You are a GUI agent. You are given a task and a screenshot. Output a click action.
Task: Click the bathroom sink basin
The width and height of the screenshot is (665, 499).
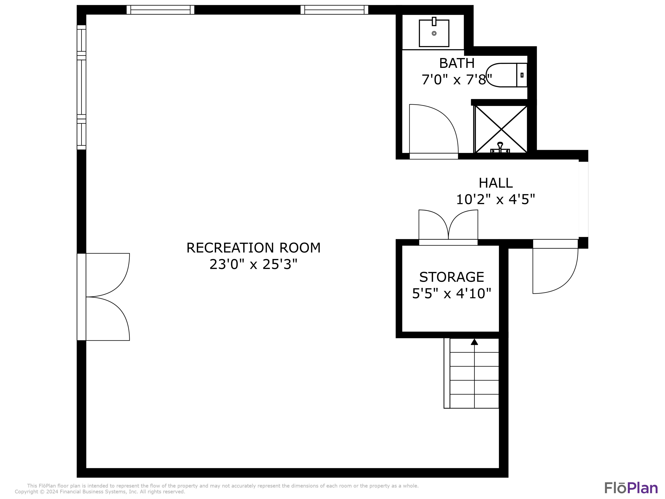point(434,33)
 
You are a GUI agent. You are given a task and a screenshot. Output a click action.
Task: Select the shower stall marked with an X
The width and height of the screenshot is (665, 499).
point(501,129)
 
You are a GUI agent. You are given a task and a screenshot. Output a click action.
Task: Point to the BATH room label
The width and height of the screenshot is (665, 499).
point(457,63)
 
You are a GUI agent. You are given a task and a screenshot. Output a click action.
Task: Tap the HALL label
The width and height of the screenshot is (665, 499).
point(495,183)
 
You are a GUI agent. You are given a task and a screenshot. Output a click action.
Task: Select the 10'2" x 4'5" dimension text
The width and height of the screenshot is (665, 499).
point(495,199)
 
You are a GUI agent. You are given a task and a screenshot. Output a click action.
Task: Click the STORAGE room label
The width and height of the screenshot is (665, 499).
point(452,277)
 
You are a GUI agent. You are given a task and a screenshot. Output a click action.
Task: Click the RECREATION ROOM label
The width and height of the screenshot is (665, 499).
point(253,248)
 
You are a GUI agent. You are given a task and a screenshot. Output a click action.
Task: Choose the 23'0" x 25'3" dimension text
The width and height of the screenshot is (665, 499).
point(253,265)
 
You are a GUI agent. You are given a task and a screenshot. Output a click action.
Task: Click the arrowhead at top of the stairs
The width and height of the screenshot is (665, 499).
point(474,342)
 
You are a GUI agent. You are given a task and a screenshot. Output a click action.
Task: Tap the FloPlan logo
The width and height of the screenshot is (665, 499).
point(631,488)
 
